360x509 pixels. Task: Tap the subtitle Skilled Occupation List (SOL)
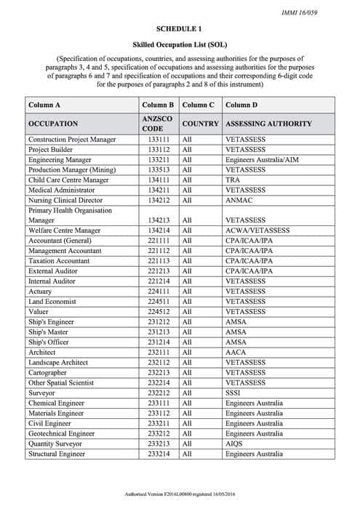pos(180,44)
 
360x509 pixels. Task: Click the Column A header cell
pos(44,105)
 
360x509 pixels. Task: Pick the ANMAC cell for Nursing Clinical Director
pos(239,200)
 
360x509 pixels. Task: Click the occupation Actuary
pos(41,291)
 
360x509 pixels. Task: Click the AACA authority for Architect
pos(236,352)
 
